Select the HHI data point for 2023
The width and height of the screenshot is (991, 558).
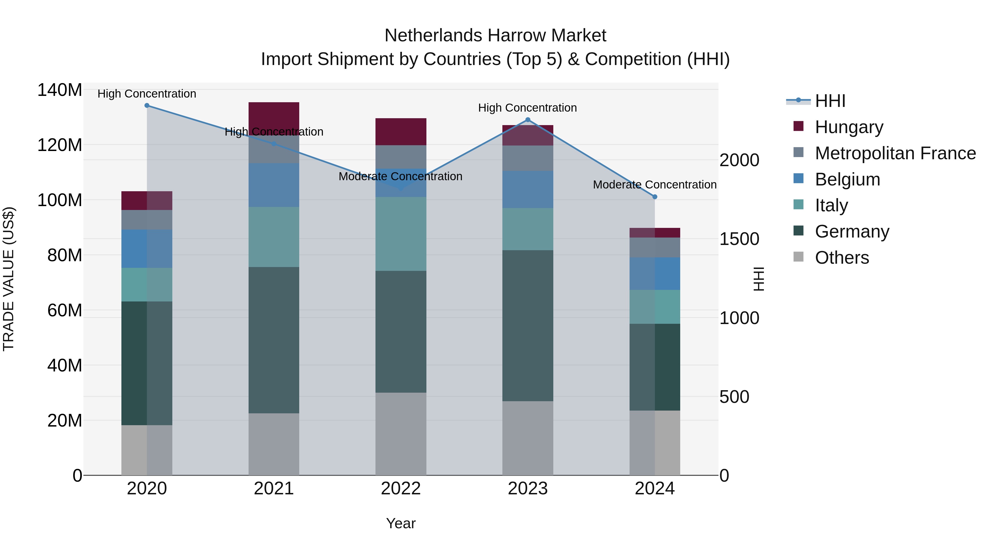pyautogui.click(x=528, y=120)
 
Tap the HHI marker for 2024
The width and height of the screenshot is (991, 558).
pyautogui.click(x=655, y=197)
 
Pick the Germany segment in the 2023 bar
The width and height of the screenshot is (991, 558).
pyautogui.click(x=528, y=325)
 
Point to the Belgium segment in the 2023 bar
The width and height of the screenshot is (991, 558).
pyautogui.click(x=528, y=190)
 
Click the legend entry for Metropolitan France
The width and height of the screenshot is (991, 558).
pyautogui.click(x=895, y=153)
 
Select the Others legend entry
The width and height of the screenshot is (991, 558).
pyautogui.click(x=842, y=258)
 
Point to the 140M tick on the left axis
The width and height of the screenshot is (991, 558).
pyautogui.click(x=60, y=90)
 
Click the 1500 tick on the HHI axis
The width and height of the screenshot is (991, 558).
pyautogui.click(x=739, y=239)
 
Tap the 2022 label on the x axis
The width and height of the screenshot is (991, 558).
pyautogui.click(x=401, y=489)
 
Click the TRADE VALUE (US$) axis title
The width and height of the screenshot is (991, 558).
pyautogui.click(x=9, y=279)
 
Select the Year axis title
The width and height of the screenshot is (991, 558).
pyautogui.click(x=401, y=523)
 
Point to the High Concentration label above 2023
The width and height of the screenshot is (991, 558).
pyautogui.click(x=527, y=108)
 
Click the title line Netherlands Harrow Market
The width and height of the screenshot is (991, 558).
pyautogui.click(x=495, y=36)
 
